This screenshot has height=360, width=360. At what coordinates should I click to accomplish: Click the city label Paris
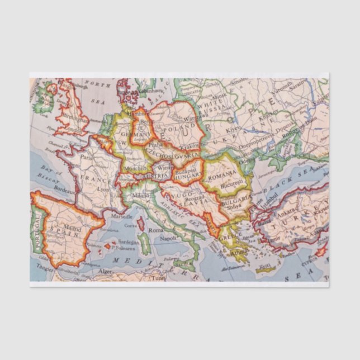pos(86,158)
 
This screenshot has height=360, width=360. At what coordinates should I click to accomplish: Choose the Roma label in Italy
pos(155,230)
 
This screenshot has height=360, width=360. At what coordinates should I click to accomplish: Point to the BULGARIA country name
pos(235,200)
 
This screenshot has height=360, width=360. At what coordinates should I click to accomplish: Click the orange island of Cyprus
pos(321,252)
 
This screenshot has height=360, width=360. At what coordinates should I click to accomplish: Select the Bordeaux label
pos(65,190)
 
